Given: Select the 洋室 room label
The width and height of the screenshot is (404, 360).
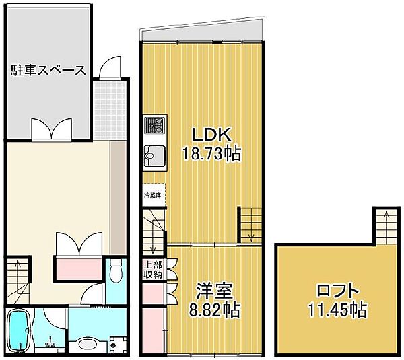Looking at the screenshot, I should coord(214,291).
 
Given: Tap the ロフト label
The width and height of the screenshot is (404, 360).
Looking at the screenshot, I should coord(338,291).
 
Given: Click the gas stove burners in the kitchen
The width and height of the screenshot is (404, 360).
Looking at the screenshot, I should coord(154,125).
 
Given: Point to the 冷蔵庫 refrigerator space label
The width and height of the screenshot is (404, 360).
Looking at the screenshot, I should coord(153,195).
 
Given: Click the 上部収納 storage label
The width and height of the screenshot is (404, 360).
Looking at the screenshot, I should coord(152,269).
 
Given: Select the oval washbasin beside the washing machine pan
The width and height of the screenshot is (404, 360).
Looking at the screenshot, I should coord(87,345).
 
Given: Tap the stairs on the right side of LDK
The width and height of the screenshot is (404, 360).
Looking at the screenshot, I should coord(250,224).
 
